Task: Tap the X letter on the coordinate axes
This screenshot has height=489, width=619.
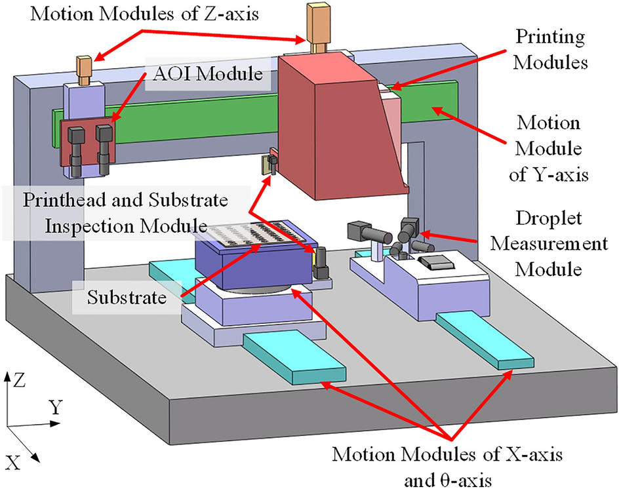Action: click(14, 458)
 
